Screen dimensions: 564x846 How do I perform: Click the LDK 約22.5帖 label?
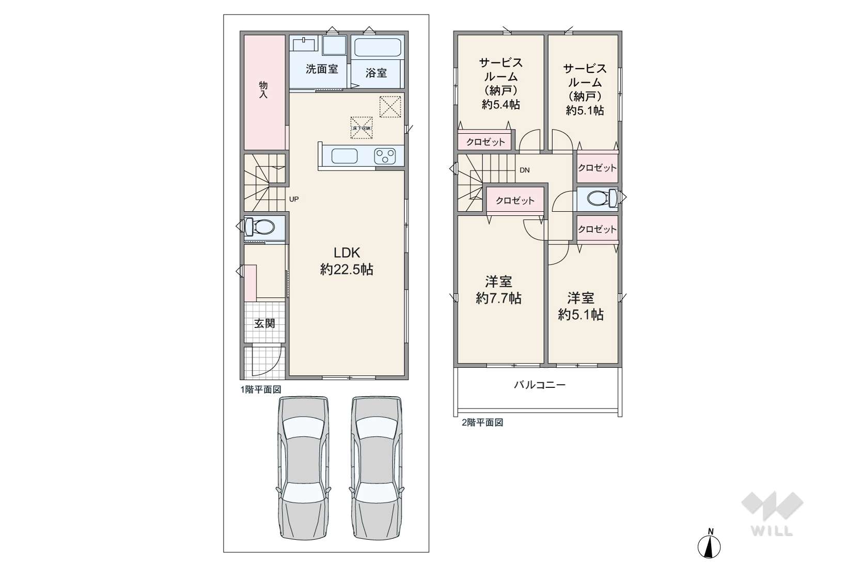[346, 261]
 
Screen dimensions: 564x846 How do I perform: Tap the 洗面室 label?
[321, 69]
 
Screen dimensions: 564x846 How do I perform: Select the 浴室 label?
[376, 73]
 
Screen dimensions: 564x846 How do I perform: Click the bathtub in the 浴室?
[378, 48]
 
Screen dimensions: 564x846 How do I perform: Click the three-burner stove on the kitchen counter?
[385, 155]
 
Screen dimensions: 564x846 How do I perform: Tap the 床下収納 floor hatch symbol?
[362, 127]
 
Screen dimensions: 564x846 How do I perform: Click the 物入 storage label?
[263, 90]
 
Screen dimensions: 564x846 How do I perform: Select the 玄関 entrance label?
[264, 324]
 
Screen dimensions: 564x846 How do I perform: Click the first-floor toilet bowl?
[263, 226]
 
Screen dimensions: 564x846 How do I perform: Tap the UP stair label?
[293, 199]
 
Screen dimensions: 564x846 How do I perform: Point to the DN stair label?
[524, 170]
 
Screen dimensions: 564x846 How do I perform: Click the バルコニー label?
[539, 385]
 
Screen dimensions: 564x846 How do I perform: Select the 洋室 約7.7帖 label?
[498, 290]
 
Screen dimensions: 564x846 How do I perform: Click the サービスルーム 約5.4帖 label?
[500, 84]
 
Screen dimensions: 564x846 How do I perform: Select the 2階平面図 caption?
[482, 422]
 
